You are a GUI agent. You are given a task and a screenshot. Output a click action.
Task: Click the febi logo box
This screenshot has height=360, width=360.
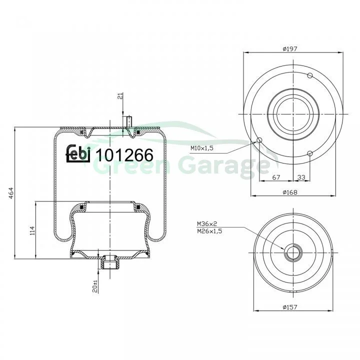[x=78, y=153]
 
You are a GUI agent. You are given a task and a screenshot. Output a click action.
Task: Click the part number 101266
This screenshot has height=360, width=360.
[x=124, y=154]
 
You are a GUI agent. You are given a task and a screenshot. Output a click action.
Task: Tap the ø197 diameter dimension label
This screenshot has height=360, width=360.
[x=290, y=48]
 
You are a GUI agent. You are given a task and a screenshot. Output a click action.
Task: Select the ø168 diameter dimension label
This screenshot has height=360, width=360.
[x=290, y=192]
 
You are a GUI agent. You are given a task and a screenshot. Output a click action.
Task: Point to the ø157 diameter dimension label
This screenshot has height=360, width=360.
[x=290, y=307]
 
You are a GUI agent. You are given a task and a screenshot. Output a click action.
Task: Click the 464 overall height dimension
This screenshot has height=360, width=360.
[x=11, y=193]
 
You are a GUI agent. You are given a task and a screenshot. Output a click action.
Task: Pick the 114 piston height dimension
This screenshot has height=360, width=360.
[x=32, y=230]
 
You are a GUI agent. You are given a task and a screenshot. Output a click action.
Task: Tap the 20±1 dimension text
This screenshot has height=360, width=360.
[x=95, y=286]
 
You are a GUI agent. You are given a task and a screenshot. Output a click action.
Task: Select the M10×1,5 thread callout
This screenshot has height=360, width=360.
[x=202, y=148]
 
